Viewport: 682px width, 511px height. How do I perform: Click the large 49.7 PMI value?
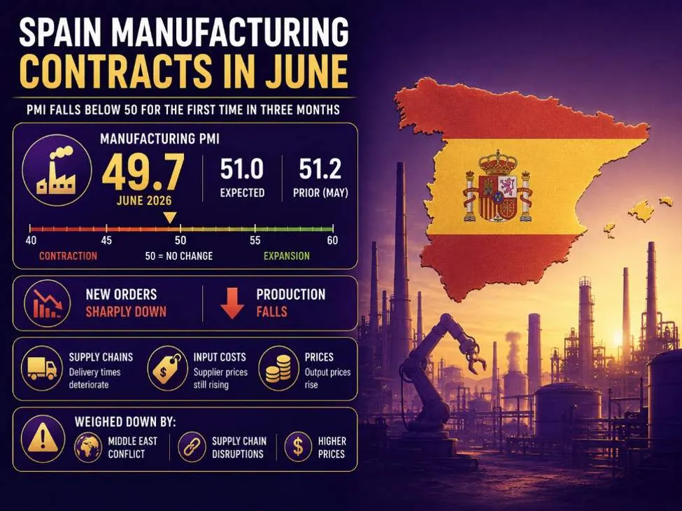(143, 172)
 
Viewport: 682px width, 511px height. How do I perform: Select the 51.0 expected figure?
(242, 169)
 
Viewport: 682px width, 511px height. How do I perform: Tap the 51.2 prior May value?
(320, 169)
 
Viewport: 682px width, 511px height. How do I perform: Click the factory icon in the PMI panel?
(57, 170)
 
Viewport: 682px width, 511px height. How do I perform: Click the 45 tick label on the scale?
(106, 240)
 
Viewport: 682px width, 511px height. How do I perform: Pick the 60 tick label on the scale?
(332, 240)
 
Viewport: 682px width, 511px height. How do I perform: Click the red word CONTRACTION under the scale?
(69, 256)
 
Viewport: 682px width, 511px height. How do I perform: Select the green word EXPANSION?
(287, 256)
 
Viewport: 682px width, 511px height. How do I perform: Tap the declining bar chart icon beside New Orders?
(47, 303)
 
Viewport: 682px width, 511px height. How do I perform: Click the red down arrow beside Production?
(232, 303)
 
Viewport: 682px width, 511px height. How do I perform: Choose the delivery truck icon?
(42, 369)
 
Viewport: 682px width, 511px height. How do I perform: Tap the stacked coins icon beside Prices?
(279, 369)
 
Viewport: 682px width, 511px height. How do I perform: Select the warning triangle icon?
(43, 439)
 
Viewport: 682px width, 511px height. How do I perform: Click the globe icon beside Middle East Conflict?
(88, 447)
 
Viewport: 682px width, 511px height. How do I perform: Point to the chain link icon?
(192, 447)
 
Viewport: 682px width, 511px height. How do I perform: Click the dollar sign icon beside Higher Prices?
(298, 447)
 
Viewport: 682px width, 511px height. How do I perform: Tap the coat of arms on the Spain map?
(497, 186)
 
